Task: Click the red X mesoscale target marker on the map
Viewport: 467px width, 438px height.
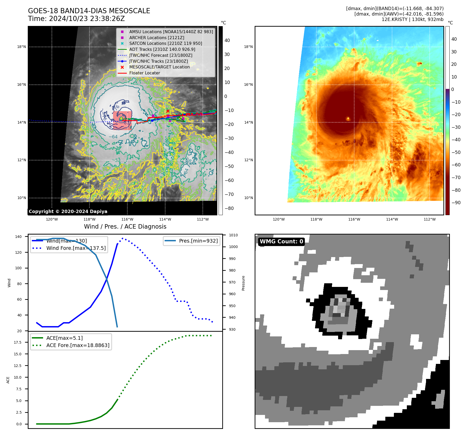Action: click(x=168, y=111)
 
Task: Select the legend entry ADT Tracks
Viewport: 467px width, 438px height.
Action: click(x=162, y=49)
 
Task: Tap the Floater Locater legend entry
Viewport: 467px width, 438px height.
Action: click(x=144, y=73)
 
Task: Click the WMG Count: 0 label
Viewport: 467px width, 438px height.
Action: click(x=281, y=242)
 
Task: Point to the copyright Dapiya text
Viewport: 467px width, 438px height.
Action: click(x=68, y=211)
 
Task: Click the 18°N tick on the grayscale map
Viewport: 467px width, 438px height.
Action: click(x=22, y=47)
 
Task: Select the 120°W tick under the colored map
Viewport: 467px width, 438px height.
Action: click(x=278, y=219)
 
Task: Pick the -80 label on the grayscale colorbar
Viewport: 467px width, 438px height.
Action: click(x=229, y=208)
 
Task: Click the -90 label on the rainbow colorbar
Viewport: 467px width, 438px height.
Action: click(x=456, y=203)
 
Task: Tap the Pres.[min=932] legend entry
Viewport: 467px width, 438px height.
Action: click(x=198, y=241)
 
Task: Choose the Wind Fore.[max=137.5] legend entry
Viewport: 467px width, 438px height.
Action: click(x=76, y=248)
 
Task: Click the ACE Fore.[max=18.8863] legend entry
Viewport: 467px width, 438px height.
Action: click(x=78, y=345)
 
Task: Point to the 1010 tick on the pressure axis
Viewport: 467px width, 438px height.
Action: click(x=233, y=235)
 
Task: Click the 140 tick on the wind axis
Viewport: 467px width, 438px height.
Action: click(x=18, y=237)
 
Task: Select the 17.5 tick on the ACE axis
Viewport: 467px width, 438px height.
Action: click(x=18, y=342)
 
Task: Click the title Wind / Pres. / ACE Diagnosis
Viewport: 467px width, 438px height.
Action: click(x=125, y=227)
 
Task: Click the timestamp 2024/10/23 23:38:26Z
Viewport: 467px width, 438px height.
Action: click(x=87, y=19)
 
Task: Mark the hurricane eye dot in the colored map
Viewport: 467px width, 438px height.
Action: click(x=348, y=119)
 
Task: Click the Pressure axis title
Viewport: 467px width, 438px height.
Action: click(x=243, y=283)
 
